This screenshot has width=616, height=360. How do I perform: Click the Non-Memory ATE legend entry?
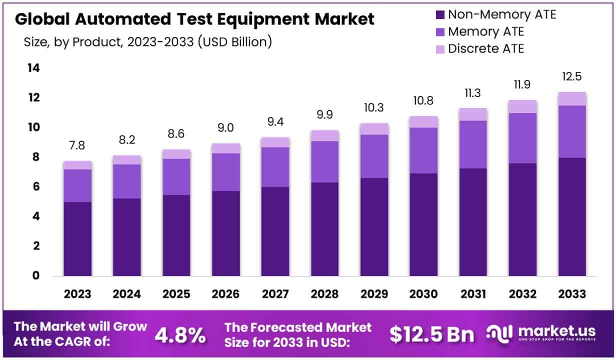501,14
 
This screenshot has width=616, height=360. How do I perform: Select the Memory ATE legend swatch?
440,32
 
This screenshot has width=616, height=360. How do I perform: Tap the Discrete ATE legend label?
486,49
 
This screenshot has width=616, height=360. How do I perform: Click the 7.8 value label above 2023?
77,145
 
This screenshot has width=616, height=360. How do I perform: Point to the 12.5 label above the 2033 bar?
572,76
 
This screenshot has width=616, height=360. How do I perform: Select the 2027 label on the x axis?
275,294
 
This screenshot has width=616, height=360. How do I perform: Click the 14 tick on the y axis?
34,68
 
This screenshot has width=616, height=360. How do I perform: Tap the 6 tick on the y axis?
34,186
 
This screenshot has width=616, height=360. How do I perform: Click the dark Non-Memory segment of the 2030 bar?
424,225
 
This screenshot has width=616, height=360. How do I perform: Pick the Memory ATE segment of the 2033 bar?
572,131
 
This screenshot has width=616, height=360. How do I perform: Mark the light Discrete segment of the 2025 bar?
176,154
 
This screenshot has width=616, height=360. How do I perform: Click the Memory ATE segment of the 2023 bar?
77,185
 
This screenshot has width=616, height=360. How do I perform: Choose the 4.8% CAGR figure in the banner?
180,335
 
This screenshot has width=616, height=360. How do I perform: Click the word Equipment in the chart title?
273,19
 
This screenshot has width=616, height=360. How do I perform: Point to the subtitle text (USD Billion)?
235,42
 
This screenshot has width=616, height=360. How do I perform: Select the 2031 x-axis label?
473,294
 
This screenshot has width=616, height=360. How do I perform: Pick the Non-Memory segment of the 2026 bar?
226,233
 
